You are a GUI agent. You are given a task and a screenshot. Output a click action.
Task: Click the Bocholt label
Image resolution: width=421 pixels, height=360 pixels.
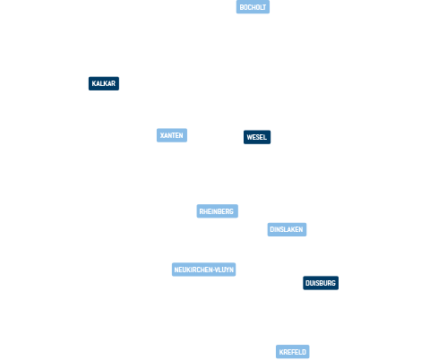(x=253, y=7)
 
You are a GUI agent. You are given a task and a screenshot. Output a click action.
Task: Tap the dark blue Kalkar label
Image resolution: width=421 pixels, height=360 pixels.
(x=104, y=83)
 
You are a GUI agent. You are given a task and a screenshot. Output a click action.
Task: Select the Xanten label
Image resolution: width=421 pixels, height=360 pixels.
(x=172, y=135)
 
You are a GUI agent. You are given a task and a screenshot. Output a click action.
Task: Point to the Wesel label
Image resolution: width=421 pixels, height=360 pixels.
(x=257, y=137)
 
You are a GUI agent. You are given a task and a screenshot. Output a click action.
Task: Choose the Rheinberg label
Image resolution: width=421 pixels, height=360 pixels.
(x=217, y=211)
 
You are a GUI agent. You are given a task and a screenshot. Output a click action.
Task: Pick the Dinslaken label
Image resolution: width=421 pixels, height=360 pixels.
(x=287, y=229)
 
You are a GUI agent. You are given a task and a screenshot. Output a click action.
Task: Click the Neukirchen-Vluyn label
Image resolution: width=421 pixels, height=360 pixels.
(x=203, y=270)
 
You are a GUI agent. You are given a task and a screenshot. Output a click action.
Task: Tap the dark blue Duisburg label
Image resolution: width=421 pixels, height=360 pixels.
(x=321, y=283)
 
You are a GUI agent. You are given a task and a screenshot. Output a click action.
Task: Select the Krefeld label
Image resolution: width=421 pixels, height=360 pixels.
(x=293, y=352)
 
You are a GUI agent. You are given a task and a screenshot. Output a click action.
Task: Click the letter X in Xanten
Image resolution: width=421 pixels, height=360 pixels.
(x=162, y=135)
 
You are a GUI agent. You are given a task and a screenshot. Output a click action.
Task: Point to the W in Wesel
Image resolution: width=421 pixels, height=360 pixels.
(x=250, y=137)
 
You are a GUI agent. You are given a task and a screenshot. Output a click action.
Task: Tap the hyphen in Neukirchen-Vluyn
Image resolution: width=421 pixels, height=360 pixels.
(x=214, y=270)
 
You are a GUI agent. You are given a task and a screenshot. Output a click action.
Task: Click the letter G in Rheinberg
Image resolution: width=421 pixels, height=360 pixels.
(x=231, y=211)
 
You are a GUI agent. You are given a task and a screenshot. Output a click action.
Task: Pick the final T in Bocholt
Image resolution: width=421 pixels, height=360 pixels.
(x=264, y=7)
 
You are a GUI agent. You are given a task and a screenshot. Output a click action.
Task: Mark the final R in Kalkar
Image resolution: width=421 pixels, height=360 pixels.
(x=113, y=83)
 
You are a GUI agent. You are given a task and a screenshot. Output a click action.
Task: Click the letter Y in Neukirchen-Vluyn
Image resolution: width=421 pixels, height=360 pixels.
(x=227, y=270)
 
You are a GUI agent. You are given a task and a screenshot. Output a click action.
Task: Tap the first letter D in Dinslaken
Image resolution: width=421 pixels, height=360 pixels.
(x=272, y=229)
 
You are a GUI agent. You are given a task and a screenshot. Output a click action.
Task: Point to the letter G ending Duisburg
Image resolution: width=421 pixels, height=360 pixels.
(x=333, y=283)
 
